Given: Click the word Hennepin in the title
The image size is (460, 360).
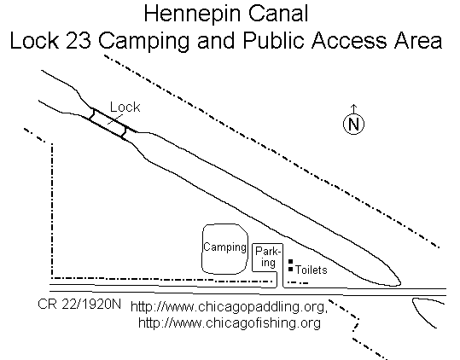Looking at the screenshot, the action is point(194,14).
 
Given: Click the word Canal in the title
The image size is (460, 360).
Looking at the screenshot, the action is point(278,14).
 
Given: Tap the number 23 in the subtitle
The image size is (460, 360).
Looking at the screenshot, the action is point(79,40).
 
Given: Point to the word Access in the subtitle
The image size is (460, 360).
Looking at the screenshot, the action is point(349,40).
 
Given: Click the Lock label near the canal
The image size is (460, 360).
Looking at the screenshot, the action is point(125,107).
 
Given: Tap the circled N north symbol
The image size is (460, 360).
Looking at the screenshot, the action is point(353,124).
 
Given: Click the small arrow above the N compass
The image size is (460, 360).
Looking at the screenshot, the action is point(354,108).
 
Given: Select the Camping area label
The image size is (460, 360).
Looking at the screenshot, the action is point(224,247).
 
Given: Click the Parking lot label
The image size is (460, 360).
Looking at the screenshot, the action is point(268,257).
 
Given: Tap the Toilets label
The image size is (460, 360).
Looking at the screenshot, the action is point(311,270).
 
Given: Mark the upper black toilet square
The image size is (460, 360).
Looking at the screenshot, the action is point(290,261).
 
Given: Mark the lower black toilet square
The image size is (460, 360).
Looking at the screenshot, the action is point(290,269).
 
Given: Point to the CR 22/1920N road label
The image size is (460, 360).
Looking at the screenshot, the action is point(79,305).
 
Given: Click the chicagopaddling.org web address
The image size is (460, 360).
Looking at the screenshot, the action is point(229,307).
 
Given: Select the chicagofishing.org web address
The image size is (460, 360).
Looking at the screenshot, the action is point(230,323).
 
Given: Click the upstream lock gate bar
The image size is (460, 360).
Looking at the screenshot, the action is point(92,114).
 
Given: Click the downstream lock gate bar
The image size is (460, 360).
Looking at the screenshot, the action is point(124,132).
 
